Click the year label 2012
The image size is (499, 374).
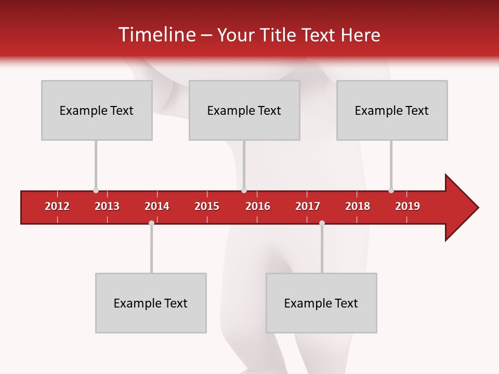click(57, 206)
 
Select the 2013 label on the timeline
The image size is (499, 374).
click(107, 206)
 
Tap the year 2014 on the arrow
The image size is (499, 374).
click(157, 206)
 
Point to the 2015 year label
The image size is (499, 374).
click(207, 206)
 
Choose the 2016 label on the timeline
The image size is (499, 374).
click(258, 206)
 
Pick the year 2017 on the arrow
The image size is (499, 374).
click(308, 206)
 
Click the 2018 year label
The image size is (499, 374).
click(358, 206)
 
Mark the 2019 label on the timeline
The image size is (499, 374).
click(408, 206)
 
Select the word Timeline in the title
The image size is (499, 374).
click(156, 35)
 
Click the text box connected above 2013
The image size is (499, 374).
click(97, 110)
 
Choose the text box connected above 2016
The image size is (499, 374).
click(244, 110)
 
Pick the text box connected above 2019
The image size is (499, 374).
click(392, 110)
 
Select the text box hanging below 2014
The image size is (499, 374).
click(151, 303)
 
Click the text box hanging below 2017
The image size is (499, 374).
click(321, 303)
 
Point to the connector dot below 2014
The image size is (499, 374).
click(151, 223)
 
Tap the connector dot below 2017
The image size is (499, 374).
click(322, 223)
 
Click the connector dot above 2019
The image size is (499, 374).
click(391, 190)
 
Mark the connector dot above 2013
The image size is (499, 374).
click(96, 190)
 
